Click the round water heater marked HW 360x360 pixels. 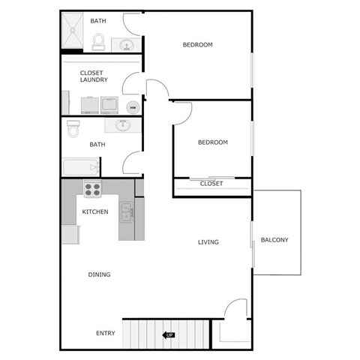tap(133, 106)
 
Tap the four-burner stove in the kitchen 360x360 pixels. tap(93, 189)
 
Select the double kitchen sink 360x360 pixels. tap(127, 211)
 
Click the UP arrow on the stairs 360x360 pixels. tap(169, 334)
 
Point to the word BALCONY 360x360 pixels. tap(274, 240)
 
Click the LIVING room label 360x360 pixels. tap(208, 242)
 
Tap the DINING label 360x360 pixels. tap(99, 274)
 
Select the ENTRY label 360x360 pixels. tap(106, 333)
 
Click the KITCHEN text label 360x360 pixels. tap(95, 211)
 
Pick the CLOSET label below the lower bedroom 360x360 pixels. tap(211, 184)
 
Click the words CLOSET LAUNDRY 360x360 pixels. tap(94, 76)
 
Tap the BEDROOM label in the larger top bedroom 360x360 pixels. tap(198, 45)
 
